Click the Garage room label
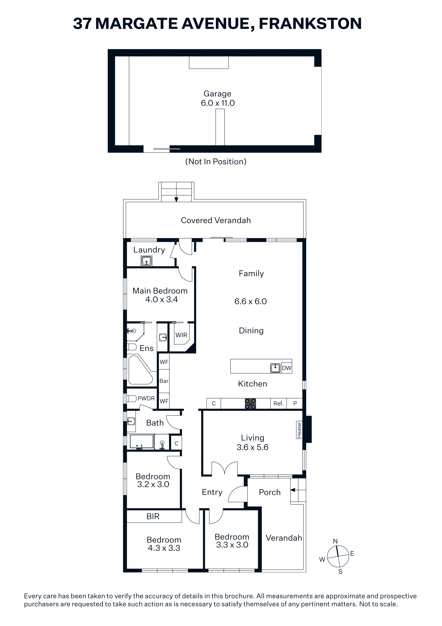[x=217, y=94]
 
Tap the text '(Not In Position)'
[x=216, y=162]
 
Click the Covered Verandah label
[x=216, y=220]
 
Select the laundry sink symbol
[x=147, y=261]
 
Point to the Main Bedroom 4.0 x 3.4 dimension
[x=161, y=299]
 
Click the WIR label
[x=181, y=335]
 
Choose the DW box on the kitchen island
[x=286, y=368]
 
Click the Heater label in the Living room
[x=299, y=430]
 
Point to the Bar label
[x=164, y=381]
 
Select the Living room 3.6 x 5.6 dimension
[x=252, y=447]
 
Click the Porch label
[x=270, y=492]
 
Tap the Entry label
[x=212, y=492]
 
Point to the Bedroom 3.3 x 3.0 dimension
[x=232, y=545]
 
